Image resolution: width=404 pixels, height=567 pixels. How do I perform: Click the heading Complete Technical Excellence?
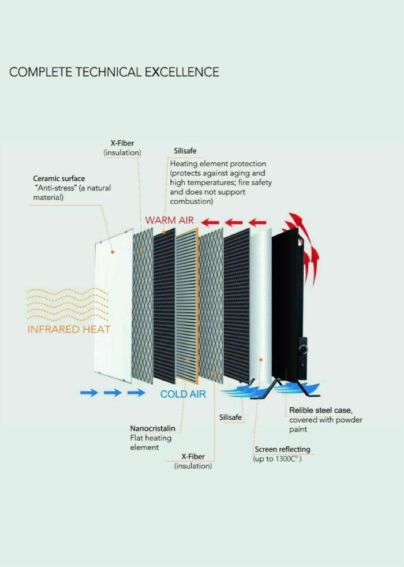(114, 72)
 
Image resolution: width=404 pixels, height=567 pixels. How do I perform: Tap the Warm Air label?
(170, 220)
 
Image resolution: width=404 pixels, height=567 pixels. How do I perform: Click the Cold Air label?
(183, 394)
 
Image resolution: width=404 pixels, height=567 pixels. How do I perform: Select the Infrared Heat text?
(69, 330)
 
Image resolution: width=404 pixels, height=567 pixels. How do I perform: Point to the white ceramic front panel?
(114, 307)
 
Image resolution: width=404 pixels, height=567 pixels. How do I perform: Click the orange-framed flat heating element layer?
(187, 306)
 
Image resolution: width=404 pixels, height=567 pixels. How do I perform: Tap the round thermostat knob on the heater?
(303, 349)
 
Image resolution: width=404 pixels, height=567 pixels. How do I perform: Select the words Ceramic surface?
(59, 178)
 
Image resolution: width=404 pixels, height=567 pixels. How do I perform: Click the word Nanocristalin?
(152, 428)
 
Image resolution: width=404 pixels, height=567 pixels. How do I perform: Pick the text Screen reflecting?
(282, 449)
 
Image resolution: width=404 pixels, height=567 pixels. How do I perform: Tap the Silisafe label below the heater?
(230, 417)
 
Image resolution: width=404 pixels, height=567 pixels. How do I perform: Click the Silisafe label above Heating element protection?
(185, 151)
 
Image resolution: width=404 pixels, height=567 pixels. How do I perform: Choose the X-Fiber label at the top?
(122, 143)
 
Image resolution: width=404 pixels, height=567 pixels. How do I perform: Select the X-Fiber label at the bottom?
(193, 456)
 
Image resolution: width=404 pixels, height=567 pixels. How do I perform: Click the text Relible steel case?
(320, 411)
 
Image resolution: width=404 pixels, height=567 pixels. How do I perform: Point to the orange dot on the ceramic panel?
(113, 252)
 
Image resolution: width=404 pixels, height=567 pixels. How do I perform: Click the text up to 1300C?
(277, 459)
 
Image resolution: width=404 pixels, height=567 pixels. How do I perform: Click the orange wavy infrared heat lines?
(68, 305)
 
